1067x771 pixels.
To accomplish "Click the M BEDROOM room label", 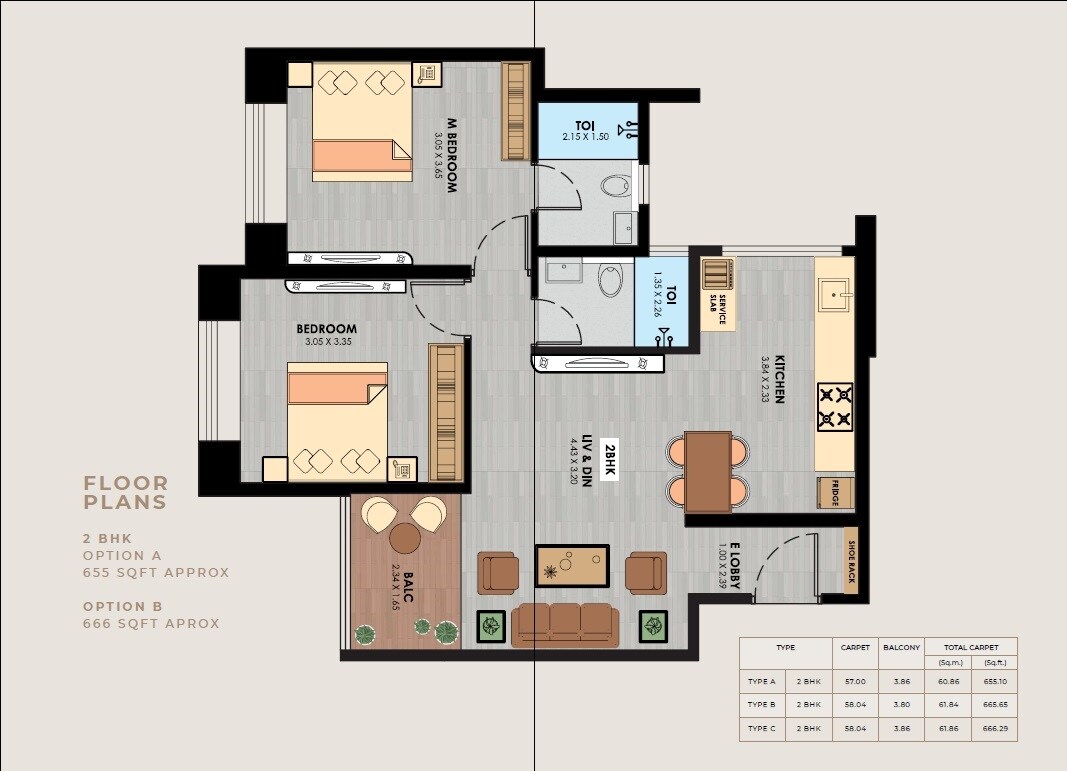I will click(452, 155).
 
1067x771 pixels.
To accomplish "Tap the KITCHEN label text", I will click(778, 378).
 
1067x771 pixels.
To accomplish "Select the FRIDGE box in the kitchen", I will click(834, 492).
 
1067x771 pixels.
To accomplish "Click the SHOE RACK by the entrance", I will click(851, 561).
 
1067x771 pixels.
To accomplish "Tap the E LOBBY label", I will click(734, 566).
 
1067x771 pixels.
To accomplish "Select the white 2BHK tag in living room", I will click(610, 459).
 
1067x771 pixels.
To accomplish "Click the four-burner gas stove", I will click(835, 406).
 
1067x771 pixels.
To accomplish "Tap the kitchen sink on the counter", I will click(834, 293).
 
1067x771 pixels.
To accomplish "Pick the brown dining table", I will click(707, 471).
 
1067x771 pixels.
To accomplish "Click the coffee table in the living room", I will click(572, 566).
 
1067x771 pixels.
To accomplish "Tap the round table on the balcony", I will click(405, 537).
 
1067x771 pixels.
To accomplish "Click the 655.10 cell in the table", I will click(993, 682).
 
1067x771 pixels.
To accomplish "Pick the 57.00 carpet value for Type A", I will click(855, 682).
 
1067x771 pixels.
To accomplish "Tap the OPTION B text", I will click(122, 606).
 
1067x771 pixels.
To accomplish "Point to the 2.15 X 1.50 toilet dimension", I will click(585, 137).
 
